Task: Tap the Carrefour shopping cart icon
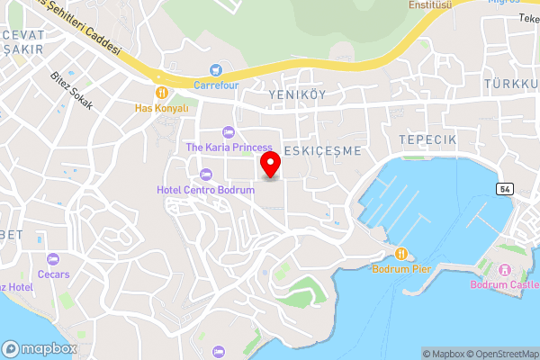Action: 215,69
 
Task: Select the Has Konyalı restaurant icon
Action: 162,92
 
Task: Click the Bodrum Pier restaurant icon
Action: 402,253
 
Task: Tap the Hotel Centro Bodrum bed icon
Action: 205,174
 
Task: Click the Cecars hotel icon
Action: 53,258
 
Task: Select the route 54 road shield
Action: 505,188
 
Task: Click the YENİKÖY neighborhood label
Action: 296,93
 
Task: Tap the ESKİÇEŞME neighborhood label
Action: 321,149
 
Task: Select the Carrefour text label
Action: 214,85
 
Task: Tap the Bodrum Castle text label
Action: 503,285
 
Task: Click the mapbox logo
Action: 39,348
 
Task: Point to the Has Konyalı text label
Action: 162,107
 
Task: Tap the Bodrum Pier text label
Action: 401,269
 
